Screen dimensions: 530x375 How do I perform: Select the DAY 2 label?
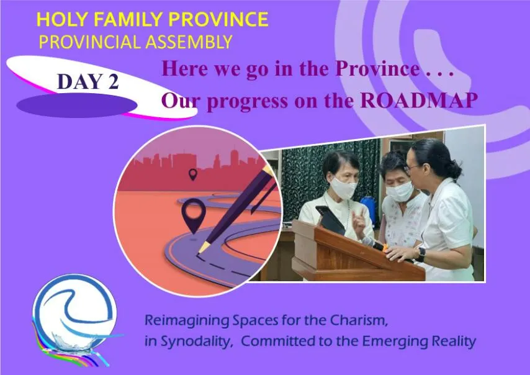[88, 81]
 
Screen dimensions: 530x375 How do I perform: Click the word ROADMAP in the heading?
[419, 100]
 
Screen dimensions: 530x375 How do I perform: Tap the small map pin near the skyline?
[192, 174]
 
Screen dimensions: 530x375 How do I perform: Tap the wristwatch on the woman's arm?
[421, 255]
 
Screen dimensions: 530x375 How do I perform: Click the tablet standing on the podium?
[330, 220]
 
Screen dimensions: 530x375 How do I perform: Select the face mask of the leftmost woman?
[343, 188]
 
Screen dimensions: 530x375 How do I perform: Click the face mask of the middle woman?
[400, 191]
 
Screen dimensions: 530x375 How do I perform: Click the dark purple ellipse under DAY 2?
[77, 106]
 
